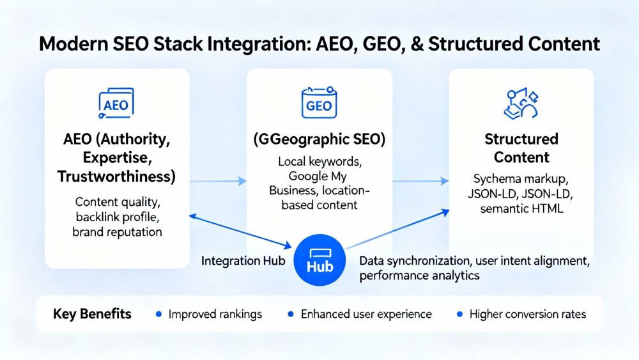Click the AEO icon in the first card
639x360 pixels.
(116, 104)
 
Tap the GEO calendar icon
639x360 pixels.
(319, 104)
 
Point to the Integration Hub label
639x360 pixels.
(243, 262)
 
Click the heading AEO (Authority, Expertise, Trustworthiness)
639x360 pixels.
(117, 157)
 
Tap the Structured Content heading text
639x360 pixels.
(521, 148)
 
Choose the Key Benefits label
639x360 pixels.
(92, 314)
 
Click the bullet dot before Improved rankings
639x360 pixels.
(159, 314)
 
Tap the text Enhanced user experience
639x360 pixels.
(366, 314)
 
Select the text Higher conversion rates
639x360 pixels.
(527, 314)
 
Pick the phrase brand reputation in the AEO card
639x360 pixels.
(117, 231)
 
